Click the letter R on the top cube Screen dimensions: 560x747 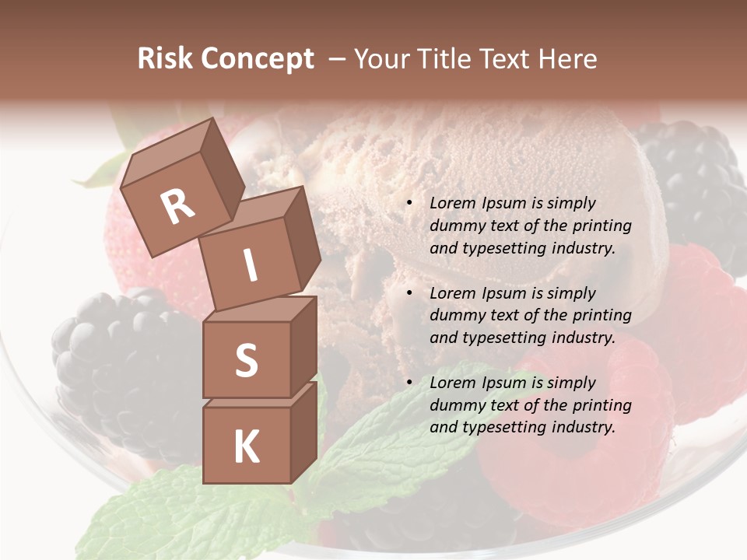(178, 207)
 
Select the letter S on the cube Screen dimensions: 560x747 (246, 360)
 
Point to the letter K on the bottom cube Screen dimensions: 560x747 (246, 446)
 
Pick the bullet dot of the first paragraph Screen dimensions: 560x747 (409, 204)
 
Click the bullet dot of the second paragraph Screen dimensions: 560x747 (409, 293)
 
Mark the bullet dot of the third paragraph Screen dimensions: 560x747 (409, 383)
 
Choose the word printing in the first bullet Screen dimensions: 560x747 (602, 226)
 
